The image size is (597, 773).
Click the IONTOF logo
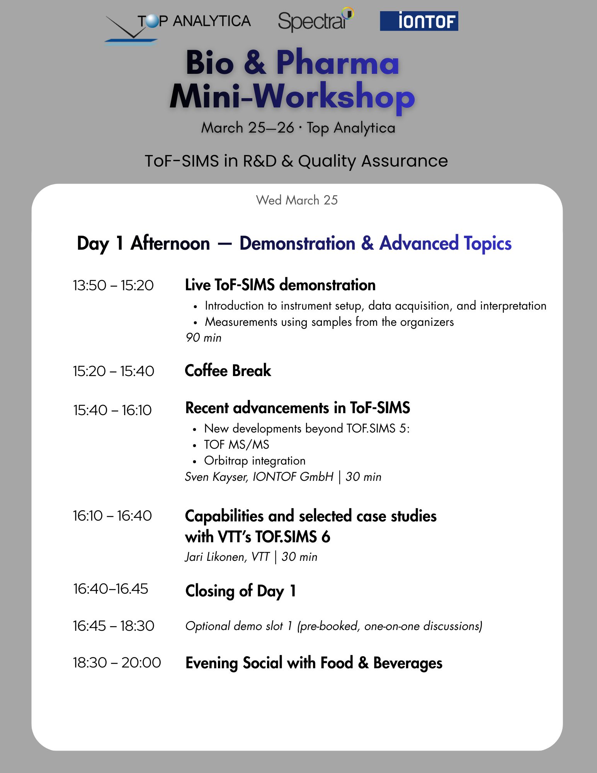[x=419, y=21]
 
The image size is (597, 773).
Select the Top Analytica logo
[x=178, y=27]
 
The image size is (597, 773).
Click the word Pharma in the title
[x=337, y=63]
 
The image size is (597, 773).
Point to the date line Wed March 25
[x=297, y=200]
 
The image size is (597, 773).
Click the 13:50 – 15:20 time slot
[x=113, y=285]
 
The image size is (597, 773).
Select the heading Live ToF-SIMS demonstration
[x=280, y=285]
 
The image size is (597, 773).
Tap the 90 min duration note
[x=203, y=338]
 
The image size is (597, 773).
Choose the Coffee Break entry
[x=228, y=371]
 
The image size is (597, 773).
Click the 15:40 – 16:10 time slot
[x=112, y=410]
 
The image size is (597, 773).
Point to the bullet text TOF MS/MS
[x=236, y=444]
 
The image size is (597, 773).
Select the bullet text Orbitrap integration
[x=255, y=461]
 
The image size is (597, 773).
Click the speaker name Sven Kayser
[x=216, y=477]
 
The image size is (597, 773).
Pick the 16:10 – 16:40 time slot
[x=112, y=516]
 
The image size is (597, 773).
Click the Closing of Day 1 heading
[x=241, y=591]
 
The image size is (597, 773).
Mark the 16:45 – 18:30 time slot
[x=114, y=626]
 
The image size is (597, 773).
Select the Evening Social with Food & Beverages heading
[x=314, y=663]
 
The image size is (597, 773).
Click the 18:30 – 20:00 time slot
[x=117, y=662]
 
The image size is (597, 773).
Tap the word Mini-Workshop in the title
[x=292, y=97]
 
